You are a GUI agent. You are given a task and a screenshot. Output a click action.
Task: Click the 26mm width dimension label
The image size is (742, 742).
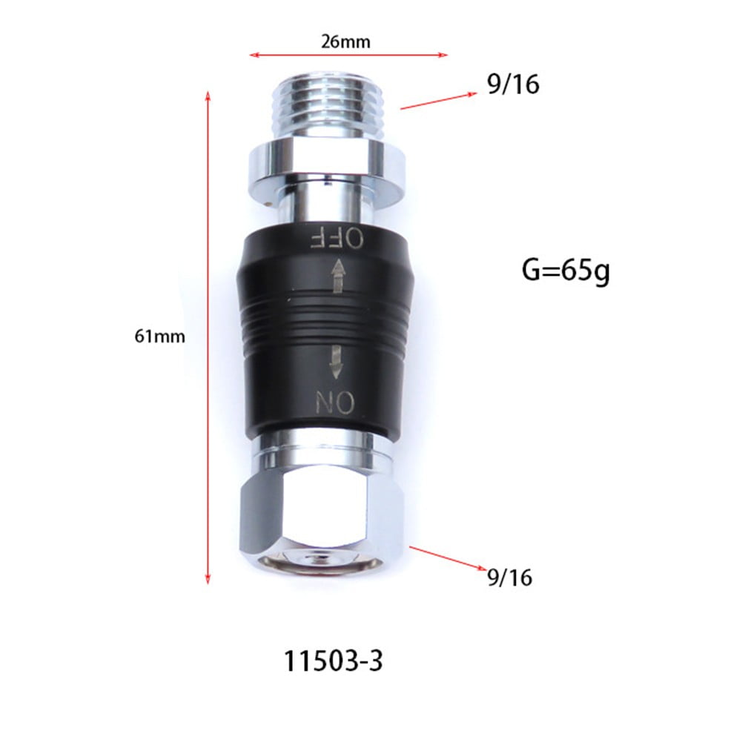click(345, 42)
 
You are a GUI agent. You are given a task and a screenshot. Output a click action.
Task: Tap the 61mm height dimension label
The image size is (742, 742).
click(159, 336)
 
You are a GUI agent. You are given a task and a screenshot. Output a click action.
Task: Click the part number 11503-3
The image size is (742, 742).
click(334, 660)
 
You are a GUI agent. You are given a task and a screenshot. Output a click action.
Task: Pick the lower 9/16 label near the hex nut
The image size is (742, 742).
click(510, 577)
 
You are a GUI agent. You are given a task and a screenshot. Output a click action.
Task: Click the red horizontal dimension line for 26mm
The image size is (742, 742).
click(348, 54)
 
